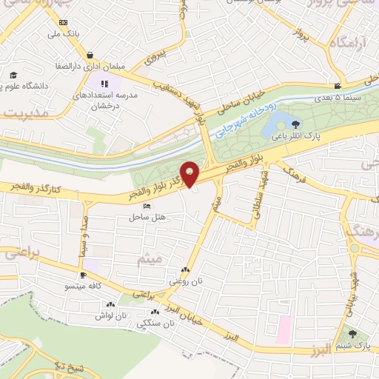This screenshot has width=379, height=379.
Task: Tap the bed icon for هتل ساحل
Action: (x=145, y=206)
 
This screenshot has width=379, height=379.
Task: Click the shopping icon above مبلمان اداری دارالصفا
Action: (x=90, y=55)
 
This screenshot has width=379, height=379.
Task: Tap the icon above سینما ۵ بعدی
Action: (x=338, y=86)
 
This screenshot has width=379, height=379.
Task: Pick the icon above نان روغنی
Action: (x=185, y=271)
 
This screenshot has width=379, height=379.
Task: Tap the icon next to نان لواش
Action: (x=111, y=304)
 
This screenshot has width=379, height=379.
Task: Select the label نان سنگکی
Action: (x=158, y=323)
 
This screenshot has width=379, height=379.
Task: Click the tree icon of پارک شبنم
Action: (x=354, y=335)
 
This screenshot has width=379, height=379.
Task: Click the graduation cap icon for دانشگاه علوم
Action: (x=13, y=75)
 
